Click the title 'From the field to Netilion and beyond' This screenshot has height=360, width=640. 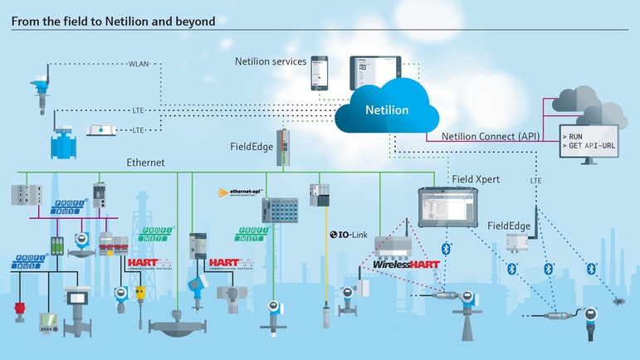point(113,20)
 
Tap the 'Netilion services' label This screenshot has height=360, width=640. point(271,62)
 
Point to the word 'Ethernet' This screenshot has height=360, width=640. point(147,163)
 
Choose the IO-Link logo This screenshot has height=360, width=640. point(348,235)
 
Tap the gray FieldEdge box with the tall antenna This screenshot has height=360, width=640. point(520,240)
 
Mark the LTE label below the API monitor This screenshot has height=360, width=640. point(535,180)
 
